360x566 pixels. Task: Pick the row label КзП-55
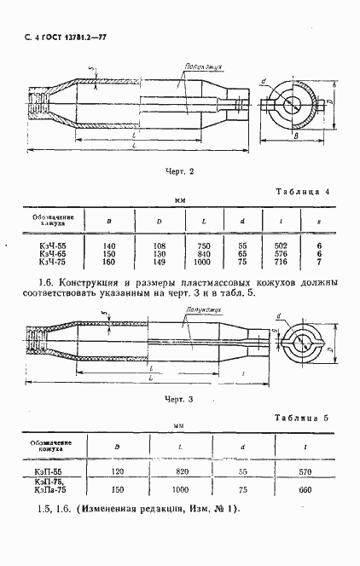pos(53,470)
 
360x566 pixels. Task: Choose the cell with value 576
pos(278,254)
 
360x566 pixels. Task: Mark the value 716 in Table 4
pos(278,263)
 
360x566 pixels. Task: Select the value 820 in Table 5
pos(177,470)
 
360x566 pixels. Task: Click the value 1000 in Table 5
pos(177,490)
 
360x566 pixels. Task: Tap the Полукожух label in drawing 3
pos(199,314)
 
